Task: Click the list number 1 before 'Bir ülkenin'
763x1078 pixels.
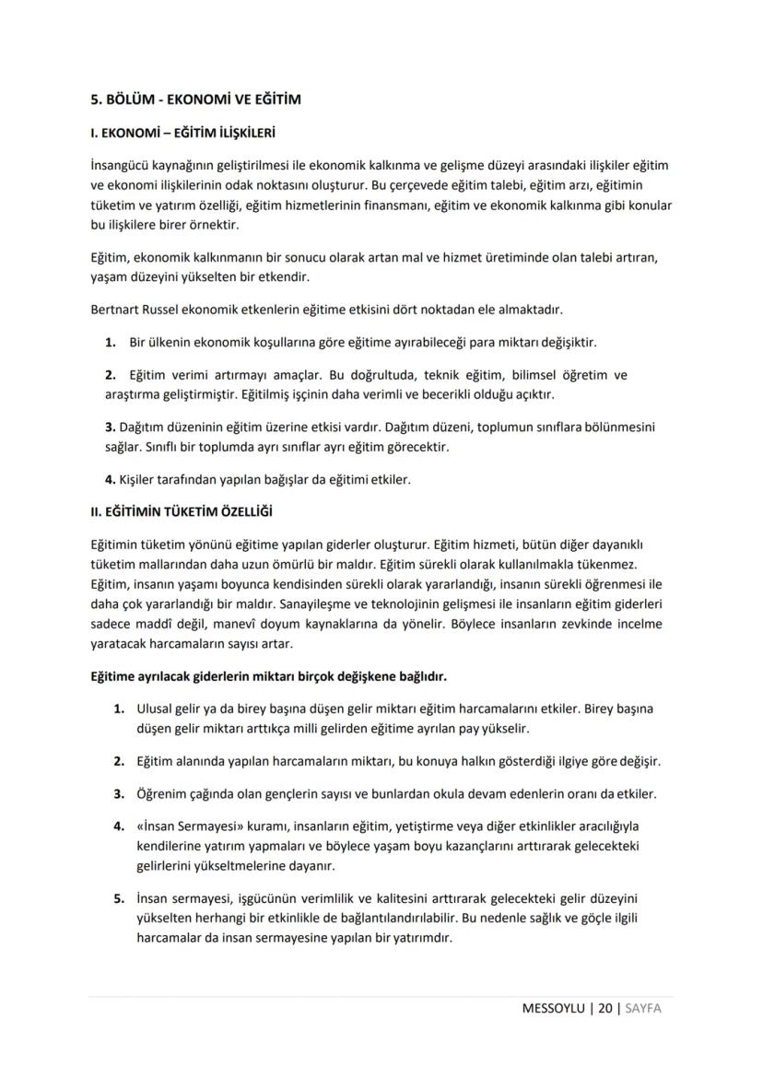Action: pos(110,343)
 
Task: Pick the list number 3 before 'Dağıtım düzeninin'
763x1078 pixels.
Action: pos(109,428)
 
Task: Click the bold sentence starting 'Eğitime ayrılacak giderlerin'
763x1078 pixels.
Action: pos(267,677)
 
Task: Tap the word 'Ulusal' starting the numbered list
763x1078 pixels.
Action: pos(154,709)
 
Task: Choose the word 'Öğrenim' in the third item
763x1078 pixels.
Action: pos(161,793)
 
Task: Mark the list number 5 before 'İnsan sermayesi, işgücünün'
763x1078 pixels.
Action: pos(119,897)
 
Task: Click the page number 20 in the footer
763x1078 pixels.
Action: pos(605,1008)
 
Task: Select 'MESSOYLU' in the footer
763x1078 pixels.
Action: pos(554,1008)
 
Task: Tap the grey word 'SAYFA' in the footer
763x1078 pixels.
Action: pos(643,1008)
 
